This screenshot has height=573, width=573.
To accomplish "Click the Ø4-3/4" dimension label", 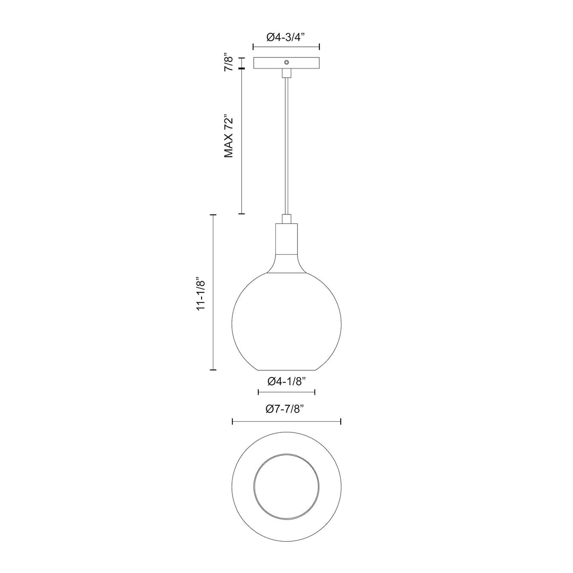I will pos(286,38).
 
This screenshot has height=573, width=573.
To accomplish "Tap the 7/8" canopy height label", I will pos(229,62).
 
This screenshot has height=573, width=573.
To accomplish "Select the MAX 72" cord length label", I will pos(229,136).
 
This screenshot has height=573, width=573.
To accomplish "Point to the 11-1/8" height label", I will pos(201,293).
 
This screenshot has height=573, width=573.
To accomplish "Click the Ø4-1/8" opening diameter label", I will pos(286,381).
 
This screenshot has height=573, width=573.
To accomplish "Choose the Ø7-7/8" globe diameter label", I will pos(286,409).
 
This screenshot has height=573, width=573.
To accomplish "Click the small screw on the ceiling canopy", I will pos(286,62).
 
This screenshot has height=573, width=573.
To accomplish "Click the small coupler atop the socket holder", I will pos(286,219).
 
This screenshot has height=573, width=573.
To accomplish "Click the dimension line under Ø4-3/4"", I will pos(286,47).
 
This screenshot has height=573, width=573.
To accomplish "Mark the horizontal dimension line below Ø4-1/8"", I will pos(286,393).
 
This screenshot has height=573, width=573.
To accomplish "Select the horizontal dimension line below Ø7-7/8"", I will pos(286,422).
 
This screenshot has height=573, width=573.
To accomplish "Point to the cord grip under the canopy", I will pos(286,73).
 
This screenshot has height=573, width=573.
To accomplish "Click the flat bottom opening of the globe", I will pos(286,369).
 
